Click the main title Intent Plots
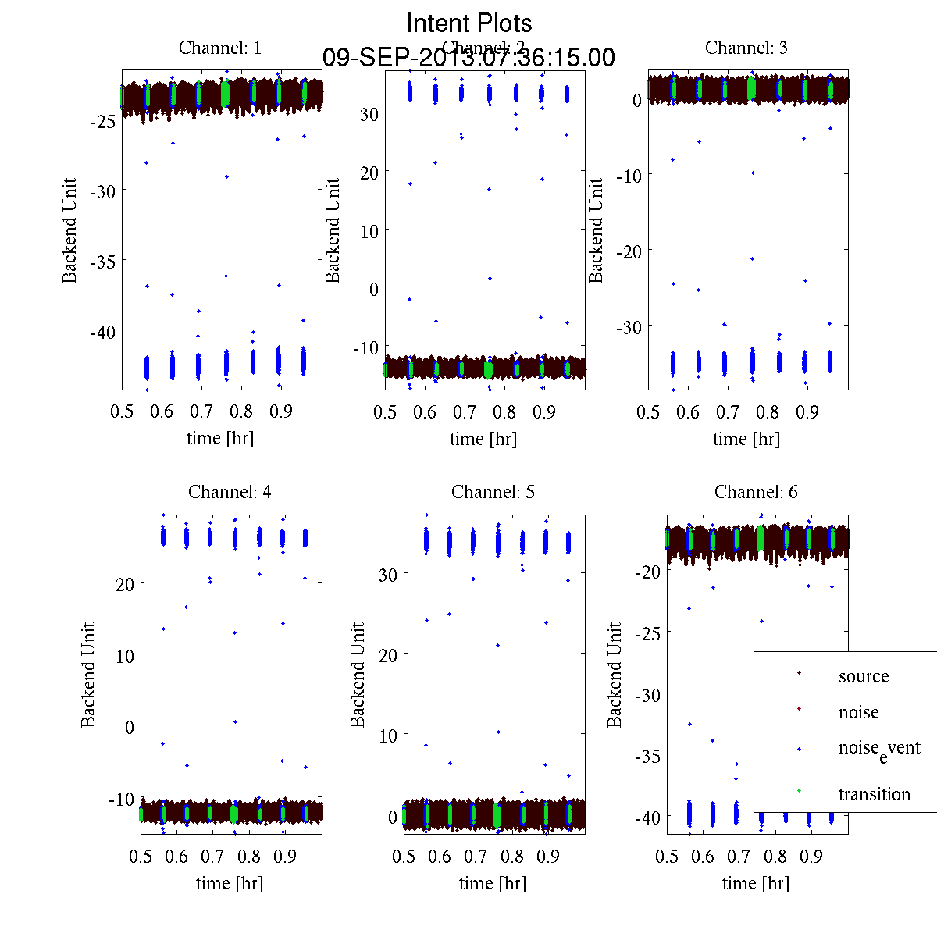pyautogui.click(x=469, y=23)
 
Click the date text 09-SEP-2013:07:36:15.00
pyautogui.click(x=468, y=58)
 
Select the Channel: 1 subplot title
pyautogui.click(x=220, y=48)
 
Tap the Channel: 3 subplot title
pyautogui.click(x=746, y=48)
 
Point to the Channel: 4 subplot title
pyautogui.click(x=230, y=492)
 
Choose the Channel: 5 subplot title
pyautogui.click(x=493, y=492)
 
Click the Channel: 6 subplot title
pyautogui.click(x=756, y=492)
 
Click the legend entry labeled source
pyautogui.click(x=863, y=676)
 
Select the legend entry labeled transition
pyautogui.click(x=874, y=794)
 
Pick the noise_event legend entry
pyautogui.click(x=878, y=748)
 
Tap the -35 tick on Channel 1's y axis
pyautogui.click(x=103, y=262)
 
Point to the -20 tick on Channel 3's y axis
pyautogui.click(x=629, y=251)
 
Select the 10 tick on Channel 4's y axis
pyautogui.click(x=124, y=655)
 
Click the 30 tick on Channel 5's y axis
pyautogui.click(x=387, y=574)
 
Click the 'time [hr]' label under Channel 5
pyautogui.click(x=493, y=883)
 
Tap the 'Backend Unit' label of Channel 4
pyautogui.click(x=88, y=675)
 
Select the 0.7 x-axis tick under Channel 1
pyautogui.click(x=201, y=411)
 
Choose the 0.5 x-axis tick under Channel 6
pyautogui.click(x=667, y=857)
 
